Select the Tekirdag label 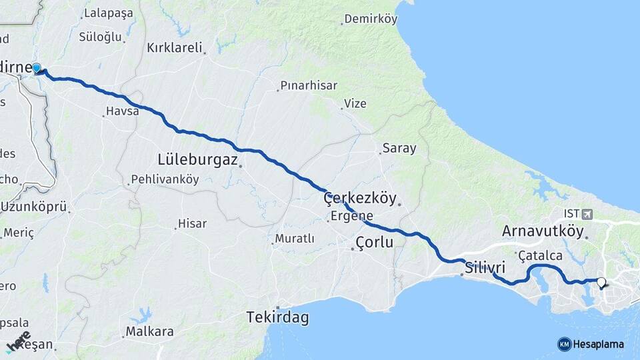click(277, 317)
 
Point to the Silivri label click(485, 267)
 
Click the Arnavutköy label click(543, 231)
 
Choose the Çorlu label click(374, 242)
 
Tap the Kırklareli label click(175, 49)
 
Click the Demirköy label click(370, 19)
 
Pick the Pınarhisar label click(309, 85)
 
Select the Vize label click(355, 103)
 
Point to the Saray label click(399, 149)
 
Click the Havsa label click(123, 111)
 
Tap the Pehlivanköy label click(165, 179)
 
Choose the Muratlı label click(296, 239)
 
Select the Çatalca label click(541, 255)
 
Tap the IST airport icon click(587, 214)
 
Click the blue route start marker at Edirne click(37, 68)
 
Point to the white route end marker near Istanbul click(601, 283)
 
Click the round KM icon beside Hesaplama click(564, 344)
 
